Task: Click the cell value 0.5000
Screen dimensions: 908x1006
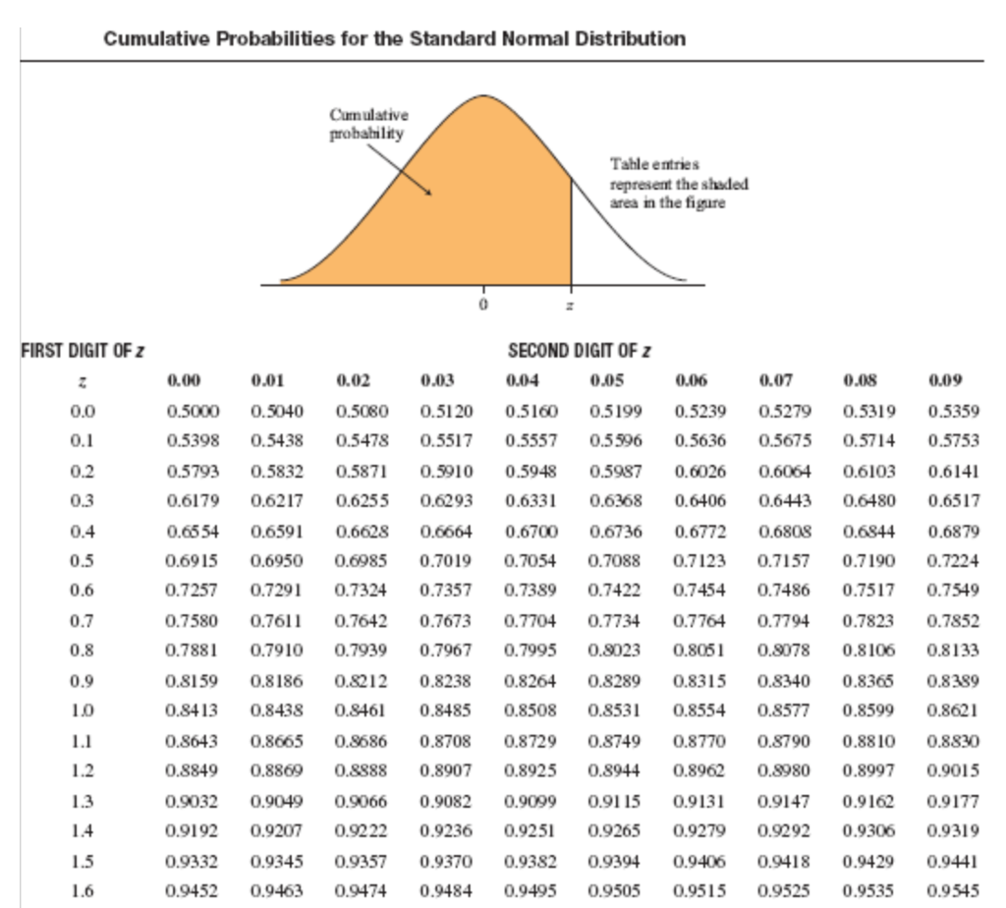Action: pyautogui.click(x=193, y=410)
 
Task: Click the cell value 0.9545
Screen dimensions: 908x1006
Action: pyautogui.click(x=954, y=890)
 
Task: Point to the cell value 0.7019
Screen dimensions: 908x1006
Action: pyautogui.click(x=446, y=562)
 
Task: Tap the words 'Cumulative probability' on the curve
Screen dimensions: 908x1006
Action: pyautogui.click(x=367, y=125)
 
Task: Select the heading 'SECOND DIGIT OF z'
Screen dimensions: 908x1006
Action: pyautogui.click(x=580, y=351)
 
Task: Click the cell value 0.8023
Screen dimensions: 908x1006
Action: pyautogui.click(x=614, y=650)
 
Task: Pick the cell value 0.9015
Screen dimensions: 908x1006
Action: pyautogui.click(x=954, y=766)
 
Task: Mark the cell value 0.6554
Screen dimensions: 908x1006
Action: pyautogui.click(x=193, y=532)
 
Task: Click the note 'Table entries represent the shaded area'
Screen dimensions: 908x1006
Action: pyautogui.click(x=679, y=184)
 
